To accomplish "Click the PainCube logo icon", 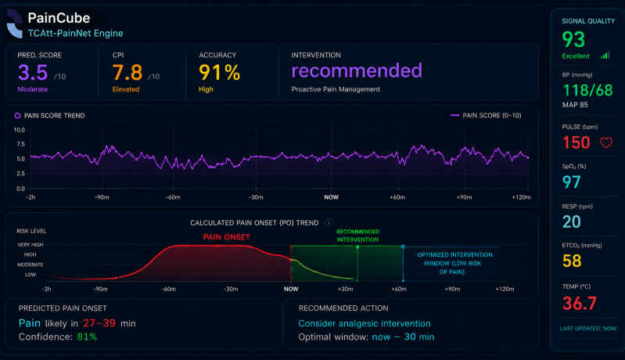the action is click(x=15, y=24).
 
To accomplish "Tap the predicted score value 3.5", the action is click(x=33, y=72).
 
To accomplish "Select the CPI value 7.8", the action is click(x=128, y=73).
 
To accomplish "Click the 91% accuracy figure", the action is click(x=219, y=73).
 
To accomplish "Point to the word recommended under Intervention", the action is click(x=357, y=70).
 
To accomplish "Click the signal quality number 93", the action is click(x=573, y=39).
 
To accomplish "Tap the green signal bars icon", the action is click(x=605, y=56).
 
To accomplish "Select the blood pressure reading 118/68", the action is click(x=587, y=91).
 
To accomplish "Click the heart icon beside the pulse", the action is click(x=606, y=142).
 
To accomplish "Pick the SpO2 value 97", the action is click(x=571, y=182).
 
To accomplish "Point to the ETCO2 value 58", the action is click(x=572, y=261).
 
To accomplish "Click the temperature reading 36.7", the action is click(x=579, y=304).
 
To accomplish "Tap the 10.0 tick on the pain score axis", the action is click(x=19, y=130).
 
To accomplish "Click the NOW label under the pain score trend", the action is click(x=331, y=197).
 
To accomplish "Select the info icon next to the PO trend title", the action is click(x=329, y=222).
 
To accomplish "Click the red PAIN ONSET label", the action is click(x=226, y=237).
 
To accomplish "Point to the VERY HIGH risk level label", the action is click(x=31, y=245).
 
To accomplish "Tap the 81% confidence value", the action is click(x=87, y=337).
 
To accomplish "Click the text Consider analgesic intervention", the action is click(x=365, y=323).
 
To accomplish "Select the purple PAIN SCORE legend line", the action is click(x=454, y=115).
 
